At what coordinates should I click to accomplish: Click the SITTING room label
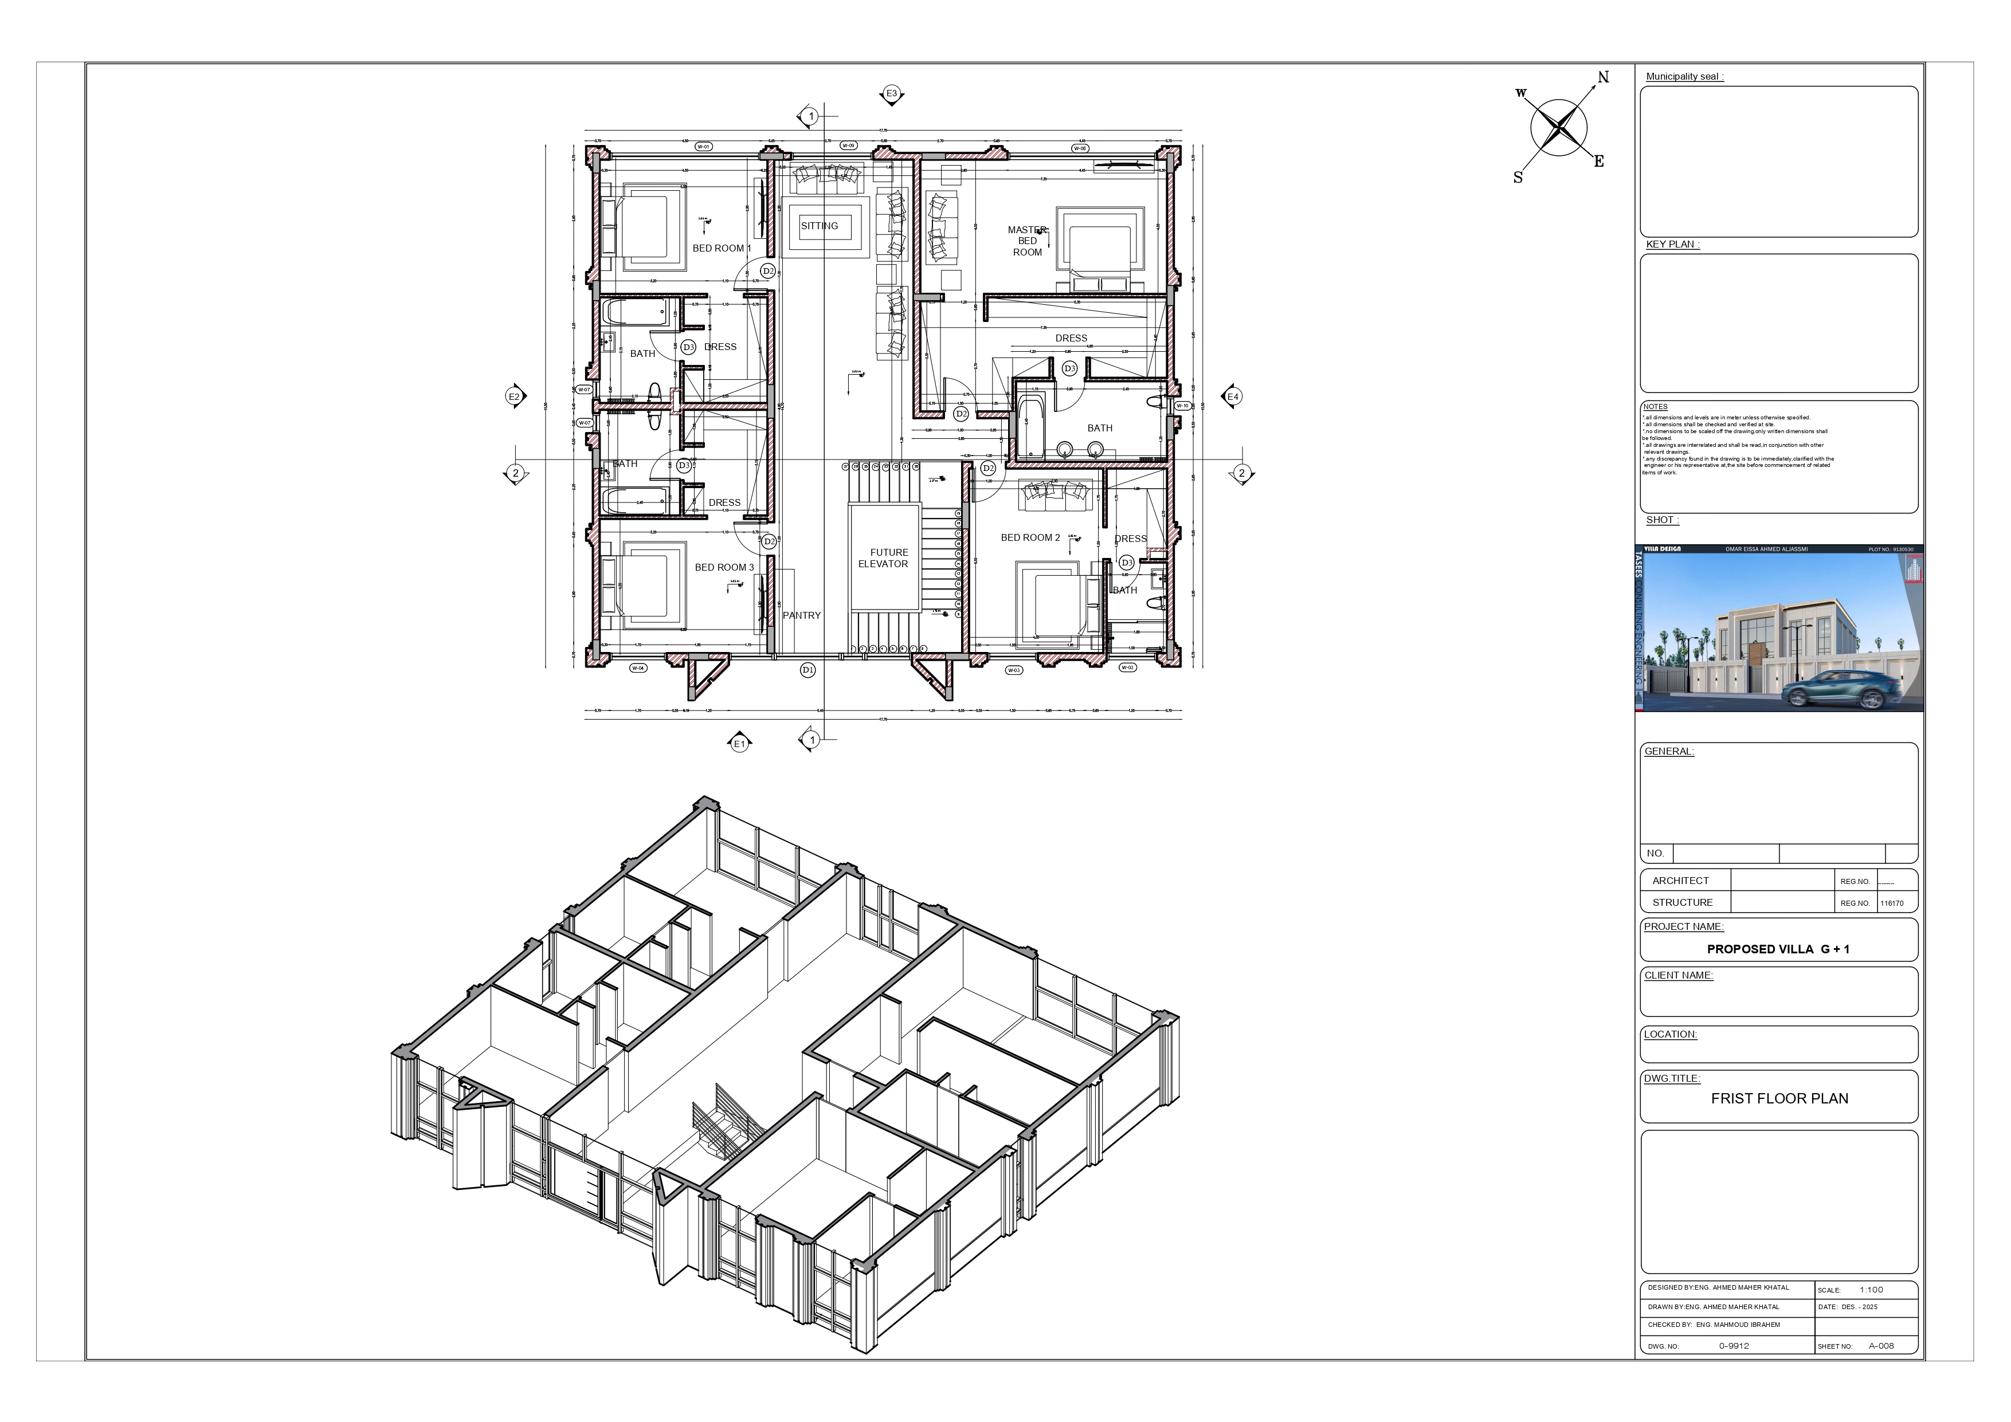(819, 226)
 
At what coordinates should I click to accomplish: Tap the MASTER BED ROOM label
(1028, 241)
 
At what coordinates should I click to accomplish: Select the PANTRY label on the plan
(801, 615)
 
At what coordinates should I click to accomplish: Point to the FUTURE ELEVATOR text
(885, 559)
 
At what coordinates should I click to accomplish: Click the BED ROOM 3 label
(723, 567)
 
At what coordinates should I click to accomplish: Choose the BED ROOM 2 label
(1030, 537)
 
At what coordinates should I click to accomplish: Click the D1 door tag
(807, 670)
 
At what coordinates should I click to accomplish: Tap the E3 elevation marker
(892, 94)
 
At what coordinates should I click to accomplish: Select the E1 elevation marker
(740, 744)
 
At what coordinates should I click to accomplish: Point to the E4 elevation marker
(1232, 396)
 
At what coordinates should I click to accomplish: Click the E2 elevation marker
(515, 396)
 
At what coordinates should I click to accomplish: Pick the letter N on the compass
(1603, 77)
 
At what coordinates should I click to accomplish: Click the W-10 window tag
(1182, 406)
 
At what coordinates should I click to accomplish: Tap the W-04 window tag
(638, 668)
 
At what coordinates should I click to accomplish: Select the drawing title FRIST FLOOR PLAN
(1779, 1098)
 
